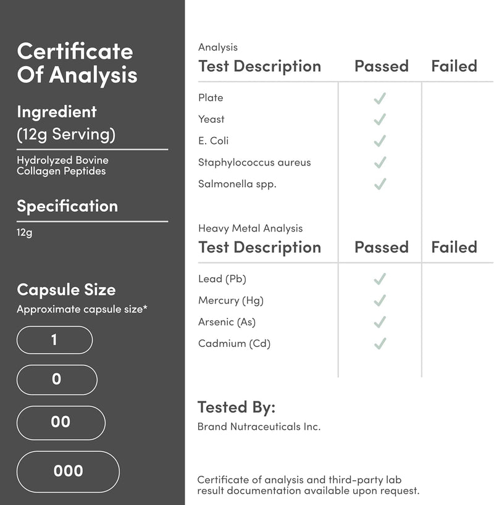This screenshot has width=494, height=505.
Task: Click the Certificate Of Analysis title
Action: (x=77, y=63)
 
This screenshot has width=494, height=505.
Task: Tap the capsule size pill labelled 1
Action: (x=54, y=340)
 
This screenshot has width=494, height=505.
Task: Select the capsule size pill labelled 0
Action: (x=56, y=379)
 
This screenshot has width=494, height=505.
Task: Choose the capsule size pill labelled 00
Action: (x=61, y=422)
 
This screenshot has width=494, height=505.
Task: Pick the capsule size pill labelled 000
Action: (x=68, y=471)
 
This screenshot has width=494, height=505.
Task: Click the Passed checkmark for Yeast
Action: (x=380, y=119)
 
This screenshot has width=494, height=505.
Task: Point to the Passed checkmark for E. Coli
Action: (x=380, y=141)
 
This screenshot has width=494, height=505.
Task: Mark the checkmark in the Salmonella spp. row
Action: (x=380, y=184)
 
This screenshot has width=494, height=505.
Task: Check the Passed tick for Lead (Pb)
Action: (x=380, y=279)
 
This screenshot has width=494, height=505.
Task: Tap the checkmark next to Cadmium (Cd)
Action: (x=380, y=343)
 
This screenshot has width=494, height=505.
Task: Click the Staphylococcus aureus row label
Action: (x=254, y=162)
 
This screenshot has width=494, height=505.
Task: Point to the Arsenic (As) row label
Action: (x=227, y=322)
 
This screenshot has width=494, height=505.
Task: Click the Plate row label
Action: (x=211, y=98)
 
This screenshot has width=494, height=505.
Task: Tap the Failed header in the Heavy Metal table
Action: (x=454, y=247)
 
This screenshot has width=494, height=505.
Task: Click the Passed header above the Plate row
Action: (x=381, y=66)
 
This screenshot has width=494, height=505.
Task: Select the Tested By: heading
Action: (x=236, y=407)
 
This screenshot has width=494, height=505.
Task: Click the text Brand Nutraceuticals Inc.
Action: (x=259, y=427)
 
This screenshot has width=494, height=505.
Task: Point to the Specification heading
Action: (x=67, y=206)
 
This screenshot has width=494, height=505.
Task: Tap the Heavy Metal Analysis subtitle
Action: (x=250, y=228)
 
